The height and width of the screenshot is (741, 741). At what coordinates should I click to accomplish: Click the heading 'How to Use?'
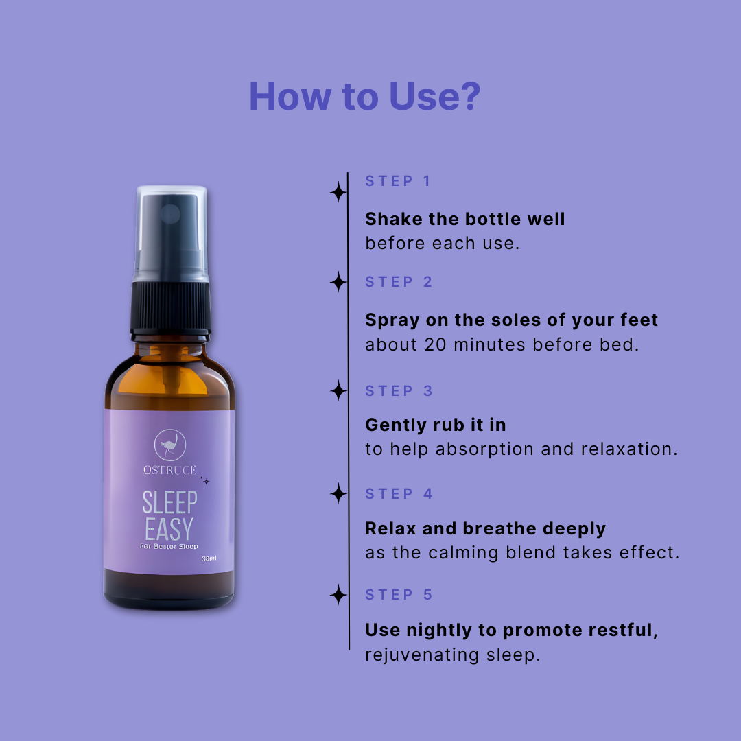point(365,97)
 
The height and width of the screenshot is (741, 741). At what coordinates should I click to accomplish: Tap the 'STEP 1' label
point(397,181)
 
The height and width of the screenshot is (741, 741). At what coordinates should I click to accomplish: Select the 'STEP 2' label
point(399,282)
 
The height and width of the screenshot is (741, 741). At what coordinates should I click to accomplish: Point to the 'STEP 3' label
point(399,391)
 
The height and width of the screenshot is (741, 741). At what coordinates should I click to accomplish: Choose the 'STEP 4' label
point(399,494)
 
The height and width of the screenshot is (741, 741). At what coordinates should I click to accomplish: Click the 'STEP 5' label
point(399,594)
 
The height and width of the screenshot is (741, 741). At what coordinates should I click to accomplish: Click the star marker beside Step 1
point(338,192)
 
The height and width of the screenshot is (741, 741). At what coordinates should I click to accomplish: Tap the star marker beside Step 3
point(338,391)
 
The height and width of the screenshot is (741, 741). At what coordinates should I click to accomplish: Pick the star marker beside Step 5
point(338,594)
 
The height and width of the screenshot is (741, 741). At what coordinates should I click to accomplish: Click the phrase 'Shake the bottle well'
point(465,220)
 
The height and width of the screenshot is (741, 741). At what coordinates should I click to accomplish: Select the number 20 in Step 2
point(435,345)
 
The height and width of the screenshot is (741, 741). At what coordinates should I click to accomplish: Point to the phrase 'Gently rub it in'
point(435,425)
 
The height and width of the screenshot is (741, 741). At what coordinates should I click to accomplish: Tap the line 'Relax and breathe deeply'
point(485,529)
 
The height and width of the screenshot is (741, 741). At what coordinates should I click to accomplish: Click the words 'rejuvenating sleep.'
point(452,655)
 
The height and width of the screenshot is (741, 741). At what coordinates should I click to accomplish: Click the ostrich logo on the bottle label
point(170,445)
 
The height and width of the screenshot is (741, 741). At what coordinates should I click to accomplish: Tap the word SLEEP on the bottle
point(169,502)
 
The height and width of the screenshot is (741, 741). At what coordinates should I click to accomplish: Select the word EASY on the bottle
point(169,529)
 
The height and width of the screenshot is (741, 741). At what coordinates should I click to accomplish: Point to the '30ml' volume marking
point(209,558)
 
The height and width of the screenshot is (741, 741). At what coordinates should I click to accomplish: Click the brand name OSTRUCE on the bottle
point(169,470)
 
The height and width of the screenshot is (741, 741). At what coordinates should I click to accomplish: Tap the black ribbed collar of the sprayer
point(171,307)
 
